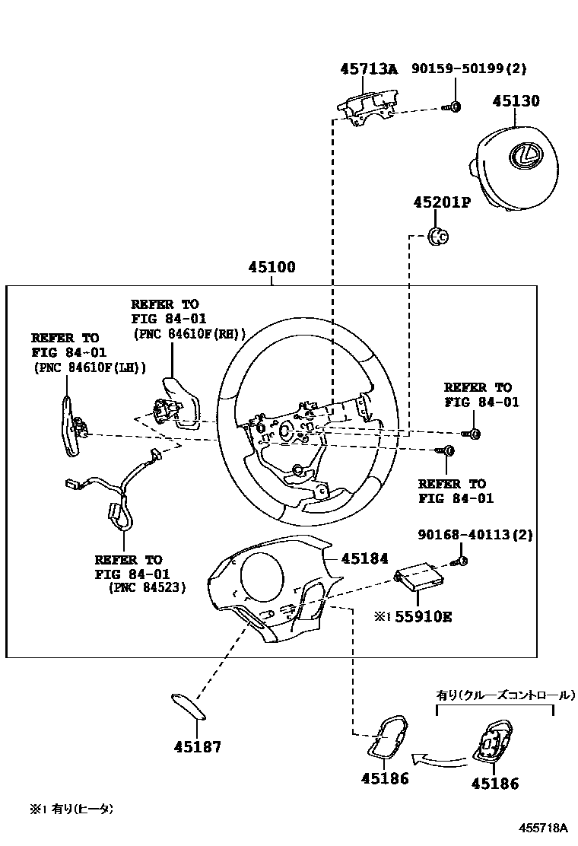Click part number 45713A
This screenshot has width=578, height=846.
369,69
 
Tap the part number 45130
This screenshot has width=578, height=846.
515,101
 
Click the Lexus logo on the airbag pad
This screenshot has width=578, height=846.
525,155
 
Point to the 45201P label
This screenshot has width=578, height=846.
442,203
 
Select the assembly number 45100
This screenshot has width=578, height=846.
272,268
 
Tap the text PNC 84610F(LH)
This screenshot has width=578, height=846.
89,367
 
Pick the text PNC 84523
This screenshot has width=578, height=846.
148,587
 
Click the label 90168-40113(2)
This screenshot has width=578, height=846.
475,535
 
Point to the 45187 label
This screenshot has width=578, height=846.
196,746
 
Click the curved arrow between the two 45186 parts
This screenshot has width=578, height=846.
437,758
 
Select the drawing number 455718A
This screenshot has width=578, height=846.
544,828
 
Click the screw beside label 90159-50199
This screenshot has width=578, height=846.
454,107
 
